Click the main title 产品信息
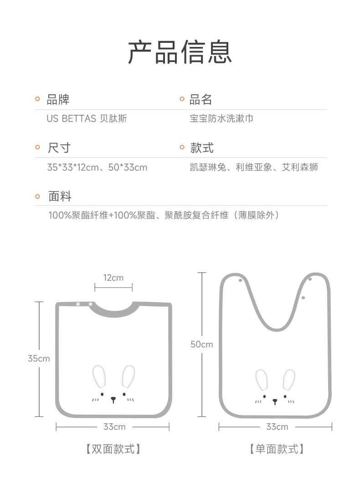tap(180, 51)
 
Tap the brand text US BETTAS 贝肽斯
tap(87, 119)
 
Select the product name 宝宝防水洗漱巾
tap(221, 119)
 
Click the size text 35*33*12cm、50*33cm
tap(97, 167)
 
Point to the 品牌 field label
tap(58, 99)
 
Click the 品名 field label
tap(201, 99)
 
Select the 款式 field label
tap(202, 148)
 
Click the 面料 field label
tap(60, 196)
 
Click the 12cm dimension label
tap(113, 277)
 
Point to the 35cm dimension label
tap(39, 359)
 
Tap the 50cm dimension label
tap(201, 344)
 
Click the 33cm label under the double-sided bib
tap(114, 427)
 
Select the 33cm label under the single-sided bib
tap(277, 427)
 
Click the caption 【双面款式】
tap(113, 449)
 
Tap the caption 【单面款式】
tap(277, 449)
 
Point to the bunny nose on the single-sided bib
tap(275, 401)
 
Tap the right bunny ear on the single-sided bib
tap(289, 380)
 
